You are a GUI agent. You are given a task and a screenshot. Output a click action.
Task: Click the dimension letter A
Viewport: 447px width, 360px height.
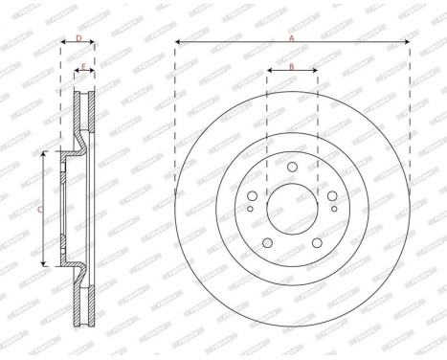click(292, 37)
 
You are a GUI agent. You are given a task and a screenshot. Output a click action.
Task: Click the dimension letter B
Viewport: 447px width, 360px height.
click(292, 66)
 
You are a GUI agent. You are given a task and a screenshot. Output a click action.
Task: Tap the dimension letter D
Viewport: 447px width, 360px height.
click(78, 38)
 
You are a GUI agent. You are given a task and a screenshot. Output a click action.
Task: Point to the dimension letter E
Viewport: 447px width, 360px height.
click(84, 67)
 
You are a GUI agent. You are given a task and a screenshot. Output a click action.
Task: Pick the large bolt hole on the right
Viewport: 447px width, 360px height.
click(331, 195)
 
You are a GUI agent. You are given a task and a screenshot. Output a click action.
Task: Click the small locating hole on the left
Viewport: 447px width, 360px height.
click(251, 208)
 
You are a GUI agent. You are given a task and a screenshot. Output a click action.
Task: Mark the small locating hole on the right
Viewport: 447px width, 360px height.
click(333, 208)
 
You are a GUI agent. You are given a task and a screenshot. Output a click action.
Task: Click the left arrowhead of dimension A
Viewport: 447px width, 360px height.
click(178, 43)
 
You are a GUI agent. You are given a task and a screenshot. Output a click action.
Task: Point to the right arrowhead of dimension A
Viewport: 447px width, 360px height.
click(407, 43)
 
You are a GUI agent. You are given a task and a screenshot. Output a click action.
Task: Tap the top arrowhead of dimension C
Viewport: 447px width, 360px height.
click(45, 154)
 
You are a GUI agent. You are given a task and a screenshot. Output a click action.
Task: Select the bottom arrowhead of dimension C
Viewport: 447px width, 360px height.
click(45, 262)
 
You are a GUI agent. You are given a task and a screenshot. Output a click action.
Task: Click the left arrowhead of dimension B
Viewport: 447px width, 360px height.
click(269, 72)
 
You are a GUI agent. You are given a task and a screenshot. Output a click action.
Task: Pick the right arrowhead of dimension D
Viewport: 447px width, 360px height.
click(95, 43)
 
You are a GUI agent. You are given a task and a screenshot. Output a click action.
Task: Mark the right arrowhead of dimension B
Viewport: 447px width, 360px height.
click(315, 72)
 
